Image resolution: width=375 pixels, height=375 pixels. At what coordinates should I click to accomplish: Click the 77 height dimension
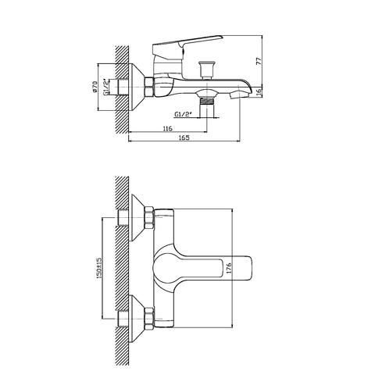click(x=259, y=61)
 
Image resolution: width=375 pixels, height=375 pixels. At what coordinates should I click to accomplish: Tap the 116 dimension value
click(x=167, y=128)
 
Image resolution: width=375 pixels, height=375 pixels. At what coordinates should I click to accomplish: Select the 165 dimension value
click(x=184, y=137)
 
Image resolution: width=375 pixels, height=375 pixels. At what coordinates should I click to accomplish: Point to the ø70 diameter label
click(x=95, y=86)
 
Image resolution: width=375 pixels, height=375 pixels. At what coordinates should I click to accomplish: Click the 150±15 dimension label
click(x=99, y=268)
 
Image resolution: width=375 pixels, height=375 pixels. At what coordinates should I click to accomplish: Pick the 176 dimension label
click(x=229, y=268)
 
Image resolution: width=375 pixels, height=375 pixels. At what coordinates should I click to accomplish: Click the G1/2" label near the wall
click(x=105, y=87)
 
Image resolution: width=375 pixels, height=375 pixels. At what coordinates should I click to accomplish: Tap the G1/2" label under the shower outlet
click(x=183, y=114)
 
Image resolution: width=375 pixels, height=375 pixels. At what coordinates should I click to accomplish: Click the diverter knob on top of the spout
click(x=206, y=70)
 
